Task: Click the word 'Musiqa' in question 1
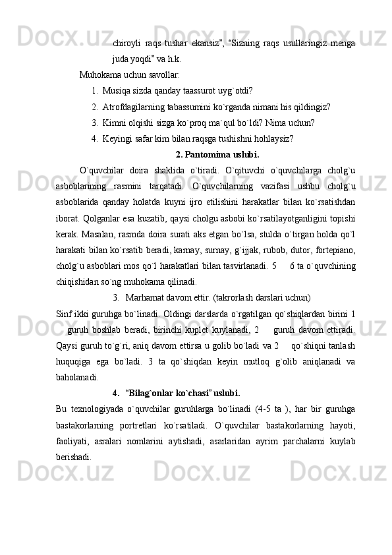pyautogui.click(x=116, y=90)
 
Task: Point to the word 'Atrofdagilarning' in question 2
pyautogui.click(x=134, y=106)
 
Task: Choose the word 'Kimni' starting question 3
pyautogui.click(x=114, y=122)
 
